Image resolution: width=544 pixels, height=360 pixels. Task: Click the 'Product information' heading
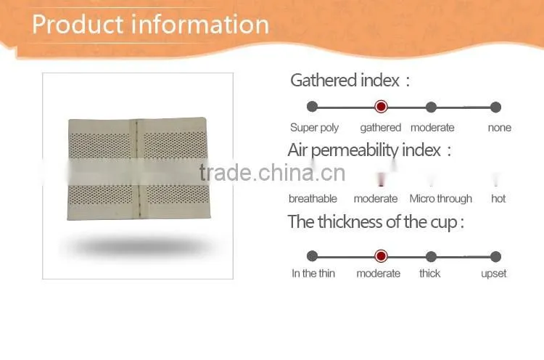point(151,24)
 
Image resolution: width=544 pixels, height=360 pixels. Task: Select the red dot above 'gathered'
point(381,106)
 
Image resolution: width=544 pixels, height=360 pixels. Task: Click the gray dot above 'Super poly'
point(312,107)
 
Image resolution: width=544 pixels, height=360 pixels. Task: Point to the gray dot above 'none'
point(496,107)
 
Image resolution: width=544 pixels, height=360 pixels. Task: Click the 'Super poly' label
point(314,128)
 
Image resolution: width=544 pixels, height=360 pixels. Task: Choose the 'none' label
point(499,128)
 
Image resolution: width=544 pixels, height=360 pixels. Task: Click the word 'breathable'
point(313,199)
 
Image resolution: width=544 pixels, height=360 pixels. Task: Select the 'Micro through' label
point(440,199)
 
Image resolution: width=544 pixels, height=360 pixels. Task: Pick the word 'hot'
point(498,199)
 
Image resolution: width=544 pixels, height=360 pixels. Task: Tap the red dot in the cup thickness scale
point(381,256)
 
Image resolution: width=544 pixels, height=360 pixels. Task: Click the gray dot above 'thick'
point(431,256)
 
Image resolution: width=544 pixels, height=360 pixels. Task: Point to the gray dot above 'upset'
point(496,256)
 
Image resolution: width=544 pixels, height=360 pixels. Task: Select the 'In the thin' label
point(313,274)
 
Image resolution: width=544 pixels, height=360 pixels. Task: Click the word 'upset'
point(494,274)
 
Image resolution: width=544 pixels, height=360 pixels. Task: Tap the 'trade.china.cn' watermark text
point(272,173)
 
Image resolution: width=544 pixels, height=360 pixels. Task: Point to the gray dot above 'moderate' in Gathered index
point(431,107)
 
